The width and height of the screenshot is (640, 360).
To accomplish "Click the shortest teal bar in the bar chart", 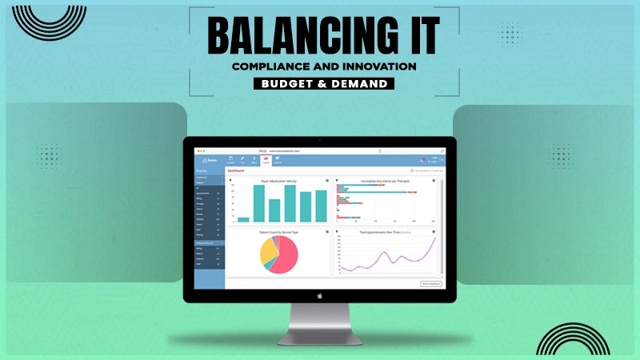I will pos(243,218).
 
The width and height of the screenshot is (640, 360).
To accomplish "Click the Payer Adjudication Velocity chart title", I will pos(278,181).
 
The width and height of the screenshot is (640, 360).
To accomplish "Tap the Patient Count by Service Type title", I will pos(278,233).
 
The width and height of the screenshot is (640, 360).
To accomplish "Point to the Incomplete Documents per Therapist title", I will pos(386,181).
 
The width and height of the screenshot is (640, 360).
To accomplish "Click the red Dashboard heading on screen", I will pos(237,170).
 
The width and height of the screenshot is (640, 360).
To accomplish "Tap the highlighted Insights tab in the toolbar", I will pos(265,159).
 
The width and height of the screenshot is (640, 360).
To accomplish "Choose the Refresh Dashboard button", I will pos(430,283).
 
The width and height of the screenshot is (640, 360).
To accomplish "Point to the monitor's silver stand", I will pos(319,320).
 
